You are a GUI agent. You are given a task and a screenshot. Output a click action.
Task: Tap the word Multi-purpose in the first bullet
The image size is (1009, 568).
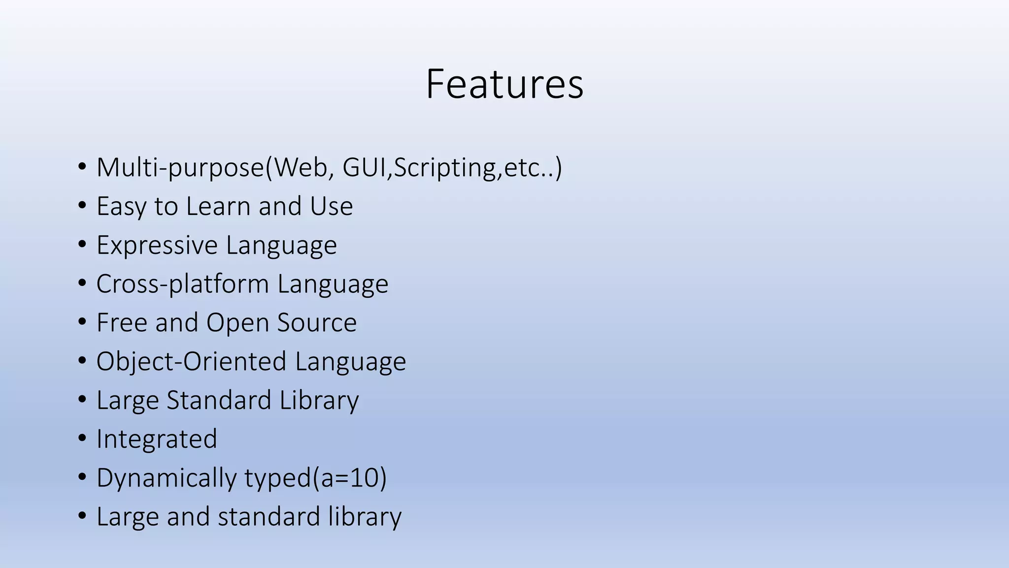(180, 168)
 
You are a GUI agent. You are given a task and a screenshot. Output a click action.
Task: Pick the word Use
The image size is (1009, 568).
(331, 206)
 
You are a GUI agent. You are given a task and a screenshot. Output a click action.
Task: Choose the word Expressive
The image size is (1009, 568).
(157, 245)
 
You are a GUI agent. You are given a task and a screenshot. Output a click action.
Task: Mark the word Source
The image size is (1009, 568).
(317, 322)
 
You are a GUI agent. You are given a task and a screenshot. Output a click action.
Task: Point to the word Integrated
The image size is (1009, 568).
(157, 439)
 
